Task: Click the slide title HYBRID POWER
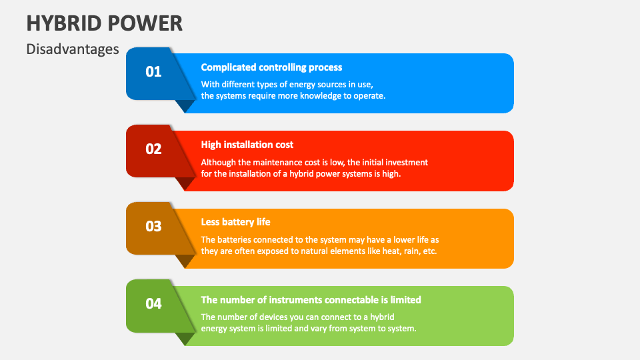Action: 104,23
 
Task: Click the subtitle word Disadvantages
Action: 73,49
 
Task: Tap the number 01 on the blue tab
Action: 153,71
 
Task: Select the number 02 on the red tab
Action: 153,149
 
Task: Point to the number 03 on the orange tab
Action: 153,226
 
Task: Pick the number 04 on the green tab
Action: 153,303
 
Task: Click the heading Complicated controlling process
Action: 271,67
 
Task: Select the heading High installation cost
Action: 247,145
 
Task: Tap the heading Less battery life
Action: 235,222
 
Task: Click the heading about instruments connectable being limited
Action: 311,299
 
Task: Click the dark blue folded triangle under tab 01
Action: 184,105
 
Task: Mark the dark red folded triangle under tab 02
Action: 184,183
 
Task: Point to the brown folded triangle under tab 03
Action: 184,260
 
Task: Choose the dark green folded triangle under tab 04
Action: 184,337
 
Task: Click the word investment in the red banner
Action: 405,162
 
